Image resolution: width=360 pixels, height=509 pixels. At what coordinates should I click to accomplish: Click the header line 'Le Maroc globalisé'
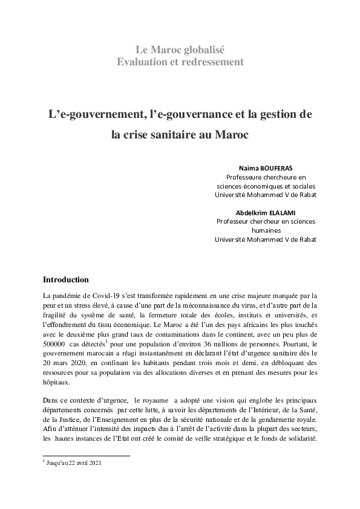tap(180, 50)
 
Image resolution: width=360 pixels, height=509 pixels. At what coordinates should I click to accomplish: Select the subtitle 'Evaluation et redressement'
tap(180, 62)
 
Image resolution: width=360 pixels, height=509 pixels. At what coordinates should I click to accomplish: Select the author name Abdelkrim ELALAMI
tap(266, 212)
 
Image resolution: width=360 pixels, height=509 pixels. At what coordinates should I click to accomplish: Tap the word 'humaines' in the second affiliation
tap(266, 230)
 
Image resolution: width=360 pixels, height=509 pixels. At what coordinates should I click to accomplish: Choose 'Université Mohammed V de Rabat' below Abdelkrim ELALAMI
tap(266, 239)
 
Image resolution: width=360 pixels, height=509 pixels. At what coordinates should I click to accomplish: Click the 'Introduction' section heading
tap(66, 280)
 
